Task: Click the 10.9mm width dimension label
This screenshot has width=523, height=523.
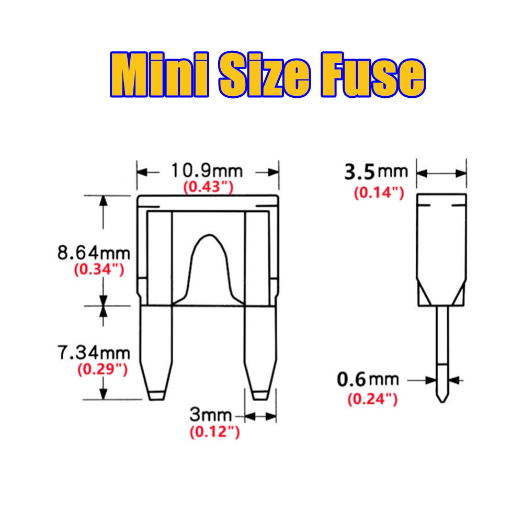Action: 207,171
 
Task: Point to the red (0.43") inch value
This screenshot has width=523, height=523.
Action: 208,187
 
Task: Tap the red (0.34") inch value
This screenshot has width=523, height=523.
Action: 99,270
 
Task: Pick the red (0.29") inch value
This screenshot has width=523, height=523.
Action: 103,369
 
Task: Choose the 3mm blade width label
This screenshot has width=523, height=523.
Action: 210,416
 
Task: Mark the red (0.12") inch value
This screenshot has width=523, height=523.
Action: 214,433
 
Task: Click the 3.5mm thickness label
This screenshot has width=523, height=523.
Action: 376,172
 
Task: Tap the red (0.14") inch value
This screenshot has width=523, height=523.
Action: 379,192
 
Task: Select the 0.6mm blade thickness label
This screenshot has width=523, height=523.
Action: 368,380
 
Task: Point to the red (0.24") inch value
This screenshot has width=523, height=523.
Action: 372,400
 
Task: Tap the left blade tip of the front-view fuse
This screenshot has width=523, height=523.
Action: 155,394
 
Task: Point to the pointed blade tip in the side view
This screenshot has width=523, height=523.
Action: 442,397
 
